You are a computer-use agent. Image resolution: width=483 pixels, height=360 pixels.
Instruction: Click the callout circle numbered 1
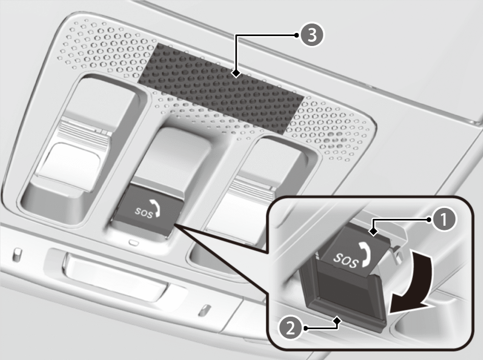pyautogui.click(x=443, y=220)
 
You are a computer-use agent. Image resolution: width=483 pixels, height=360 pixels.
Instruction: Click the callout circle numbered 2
pyautogui.click(x=290, y=328)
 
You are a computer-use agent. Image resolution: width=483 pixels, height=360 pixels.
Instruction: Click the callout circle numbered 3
pyautogui.click(x=312, y=35)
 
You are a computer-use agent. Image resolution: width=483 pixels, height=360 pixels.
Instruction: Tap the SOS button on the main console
pyautogui.click(x=147, y=210)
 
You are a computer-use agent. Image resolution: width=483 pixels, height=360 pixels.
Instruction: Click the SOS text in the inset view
pyautogui.click(x=346, y=261)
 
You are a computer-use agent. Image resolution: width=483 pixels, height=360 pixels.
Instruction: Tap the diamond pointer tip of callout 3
pyautogui.click(x=236, y=74)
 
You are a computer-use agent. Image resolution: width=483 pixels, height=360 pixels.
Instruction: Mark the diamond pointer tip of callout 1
pyautogui.click(x=374, y=231)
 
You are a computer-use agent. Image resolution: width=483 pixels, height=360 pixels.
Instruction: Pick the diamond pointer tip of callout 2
pyautogui.click(x=338, y=321)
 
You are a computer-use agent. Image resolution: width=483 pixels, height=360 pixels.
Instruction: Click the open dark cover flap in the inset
pyautogui.click(x=344, y=296)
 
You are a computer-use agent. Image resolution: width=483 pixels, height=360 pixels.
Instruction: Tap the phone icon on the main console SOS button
pyautogui.click(x=155, y=208)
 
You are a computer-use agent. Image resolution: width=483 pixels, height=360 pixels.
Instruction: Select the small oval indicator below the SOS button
pyautogui.click(x=134, y=243)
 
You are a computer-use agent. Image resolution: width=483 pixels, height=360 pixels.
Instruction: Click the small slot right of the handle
pyautogui.click(x=205, y=310)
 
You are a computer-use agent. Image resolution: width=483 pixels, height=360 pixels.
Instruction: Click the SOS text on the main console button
pyautogui.click(x=144, y=212)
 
